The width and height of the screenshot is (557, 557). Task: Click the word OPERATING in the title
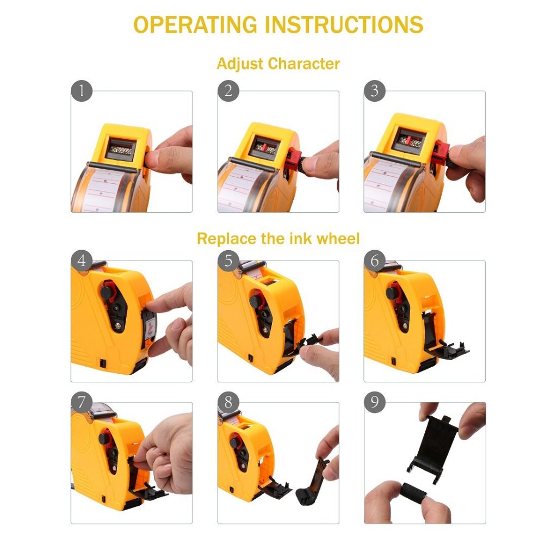(x=195, y=25)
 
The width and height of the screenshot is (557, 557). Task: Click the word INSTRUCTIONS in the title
(x=344, y=25)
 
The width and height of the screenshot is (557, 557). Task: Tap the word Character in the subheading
(x=304, y=64)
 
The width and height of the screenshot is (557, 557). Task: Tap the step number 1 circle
(x=82, y=91)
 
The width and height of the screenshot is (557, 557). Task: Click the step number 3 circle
(x=375, y=91)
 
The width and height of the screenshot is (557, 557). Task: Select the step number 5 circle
(x=228, y=261)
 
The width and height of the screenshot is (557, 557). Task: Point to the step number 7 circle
(x=82, y=403)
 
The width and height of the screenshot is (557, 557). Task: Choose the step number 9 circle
(x=375, y=403)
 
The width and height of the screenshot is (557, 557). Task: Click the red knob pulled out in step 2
(x=293, y=159)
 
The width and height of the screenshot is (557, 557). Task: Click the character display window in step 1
(x=121, y=149)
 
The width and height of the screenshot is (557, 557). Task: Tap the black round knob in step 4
(x=106, y=293)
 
